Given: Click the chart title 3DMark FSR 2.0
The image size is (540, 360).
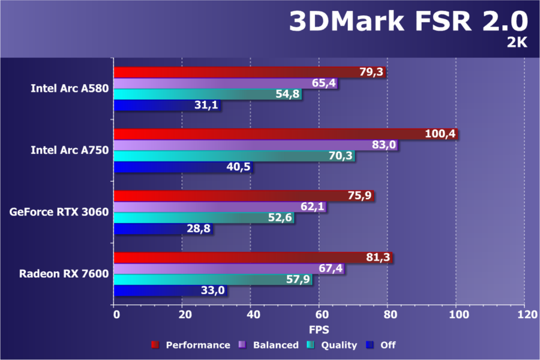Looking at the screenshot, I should click(408, 22).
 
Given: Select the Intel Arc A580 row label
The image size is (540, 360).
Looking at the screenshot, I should click(70, 89).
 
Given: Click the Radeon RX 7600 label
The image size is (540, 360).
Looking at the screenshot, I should click(64, 274).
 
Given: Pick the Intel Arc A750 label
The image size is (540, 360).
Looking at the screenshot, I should click(70, 150).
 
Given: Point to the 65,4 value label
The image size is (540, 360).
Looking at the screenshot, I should click(324, 83).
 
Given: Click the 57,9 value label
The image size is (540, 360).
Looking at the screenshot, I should click(298, 280).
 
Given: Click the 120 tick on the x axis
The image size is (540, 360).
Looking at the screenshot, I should click(524, 314).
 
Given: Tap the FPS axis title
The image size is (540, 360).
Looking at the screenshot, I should click(319, 329).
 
